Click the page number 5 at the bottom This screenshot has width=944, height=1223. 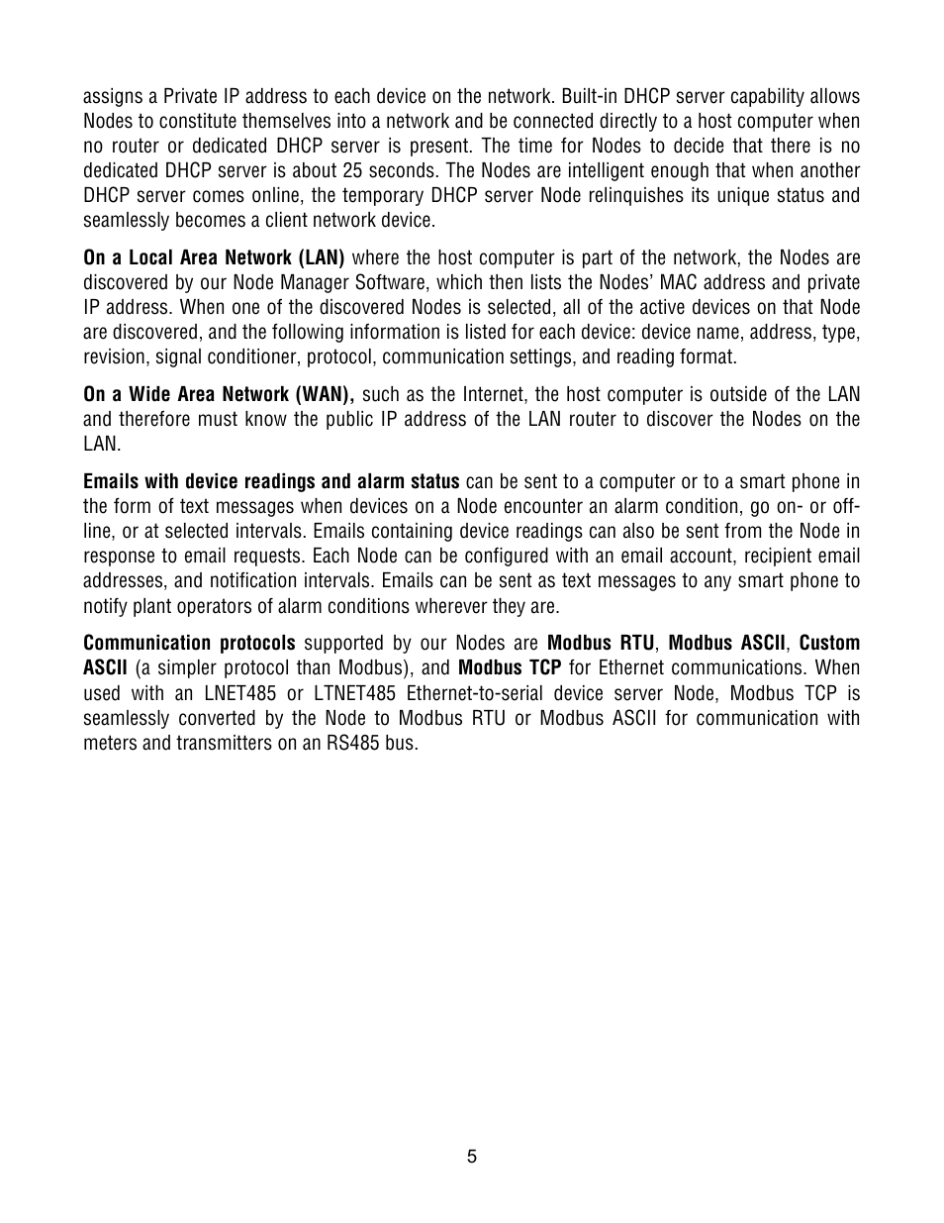pos(472,1157)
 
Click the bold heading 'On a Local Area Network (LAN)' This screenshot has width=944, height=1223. pos(214,258)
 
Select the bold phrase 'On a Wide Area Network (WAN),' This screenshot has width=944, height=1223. pos(219,394)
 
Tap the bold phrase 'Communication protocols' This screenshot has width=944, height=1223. pos(189,644)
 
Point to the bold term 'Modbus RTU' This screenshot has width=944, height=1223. pos(601,644)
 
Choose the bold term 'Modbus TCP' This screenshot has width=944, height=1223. pos(510,668)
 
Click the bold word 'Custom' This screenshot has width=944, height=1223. pos(829,644)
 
